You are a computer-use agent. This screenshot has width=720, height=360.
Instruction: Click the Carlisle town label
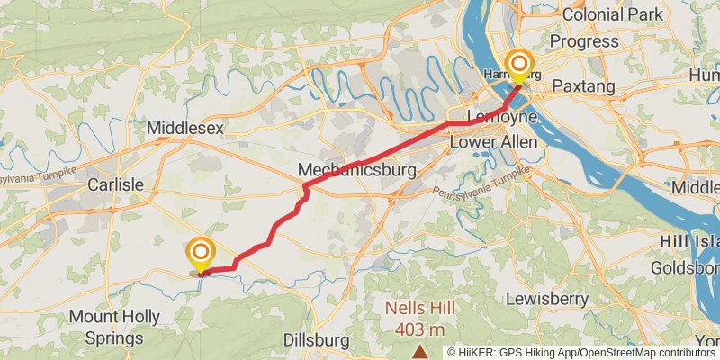point(115,184)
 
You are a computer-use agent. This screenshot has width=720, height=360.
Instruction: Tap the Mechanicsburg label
point(358,170)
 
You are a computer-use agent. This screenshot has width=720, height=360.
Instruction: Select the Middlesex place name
point(184,130)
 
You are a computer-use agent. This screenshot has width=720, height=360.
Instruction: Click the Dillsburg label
point(316,340)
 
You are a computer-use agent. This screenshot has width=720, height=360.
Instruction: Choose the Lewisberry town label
point(547,298)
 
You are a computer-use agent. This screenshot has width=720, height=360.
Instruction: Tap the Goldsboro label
point(688,269)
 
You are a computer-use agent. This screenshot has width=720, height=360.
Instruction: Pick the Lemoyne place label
point(502,118)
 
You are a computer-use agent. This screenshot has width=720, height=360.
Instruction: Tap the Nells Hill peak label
point(419,308)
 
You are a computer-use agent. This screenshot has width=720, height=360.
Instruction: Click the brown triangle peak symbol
point(419,351)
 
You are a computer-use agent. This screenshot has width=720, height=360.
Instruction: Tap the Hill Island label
point(689,242)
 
